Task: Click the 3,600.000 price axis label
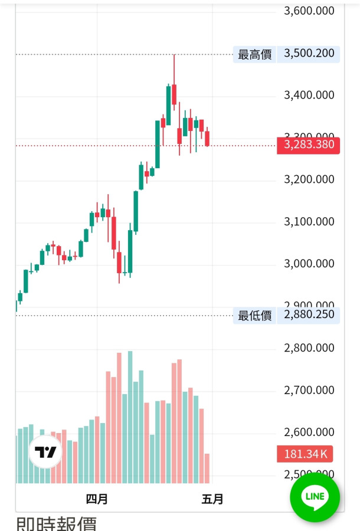[309, 11]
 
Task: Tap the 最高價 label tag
[254, 54]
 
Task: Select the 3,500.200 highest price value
[309, 54]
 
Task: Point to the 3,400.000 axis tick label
[309, 95]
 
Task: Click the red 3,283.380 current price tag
[308, 145]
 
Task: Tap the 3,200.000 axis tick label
[309, 179]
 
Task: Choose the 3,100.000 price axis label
[309, 222]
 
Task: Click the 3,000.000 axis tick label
[309, 264]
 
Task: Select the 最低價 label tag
[254, 315]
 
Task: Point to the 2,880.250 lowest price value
[309, 314]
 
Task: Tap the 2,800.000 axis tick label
[309, 348]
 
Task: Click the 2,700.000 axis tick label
[309, 390]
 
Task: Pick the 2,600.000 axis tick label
[309, 432]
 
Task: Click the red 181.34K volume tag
[304, 454]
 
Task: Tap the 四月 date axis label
[97, 499]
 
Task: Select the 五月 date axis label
[212, 499]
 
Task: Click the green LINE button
[315, 497]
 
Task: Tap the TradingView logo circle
[46, 453]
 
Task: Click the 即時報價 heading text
[56, 524]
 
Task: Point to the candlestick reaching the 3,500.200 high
[174, 94]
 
